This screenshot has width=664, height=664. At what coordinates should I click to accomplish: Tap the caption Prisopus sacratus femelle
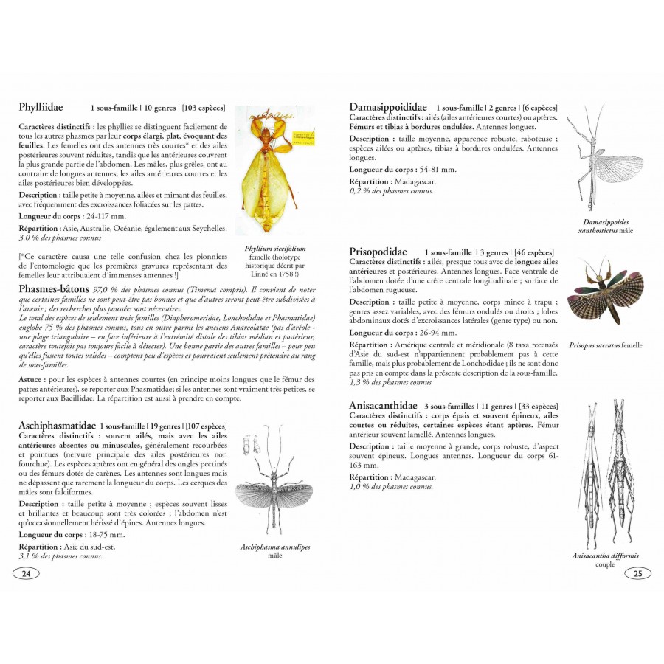606,345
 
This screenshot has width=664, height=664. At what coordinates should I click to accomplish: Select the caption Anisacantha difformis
605,556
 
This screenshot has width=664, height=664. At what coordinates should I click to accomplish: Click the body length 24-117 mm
106,216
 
